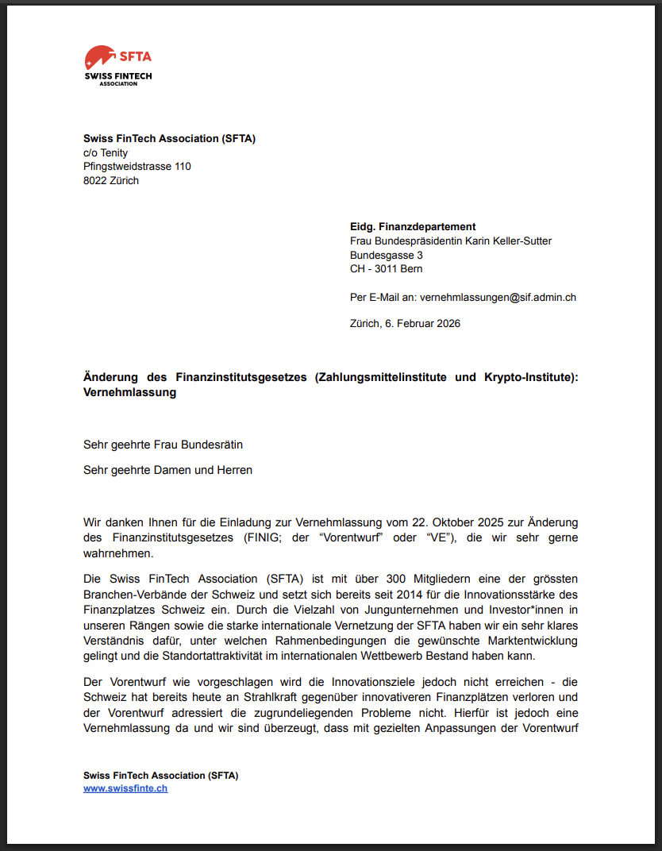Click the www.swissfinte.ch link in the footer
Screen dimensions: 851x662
click(125, 788)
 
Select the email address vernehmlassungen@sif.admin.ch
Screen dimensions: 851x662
click(498, 297)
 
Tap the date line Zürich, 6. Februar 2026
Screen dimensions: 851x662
click(405, 323)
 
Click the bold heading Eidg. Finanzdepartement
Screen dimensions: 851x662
click(413, 227)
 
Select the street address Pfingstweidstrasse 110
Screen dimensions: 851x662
click(137, 167)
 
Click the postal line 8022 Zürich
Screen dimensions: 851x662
click(111, 180)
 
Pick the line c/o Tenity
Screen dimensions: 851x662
click(106, 153)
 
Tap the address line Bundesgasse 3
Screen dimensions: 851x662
click(387, 255)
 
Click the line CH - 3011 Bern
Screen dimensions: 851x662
click(386, 269)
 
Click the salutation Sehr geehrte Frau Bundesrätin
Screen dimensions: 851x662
click(163, 445)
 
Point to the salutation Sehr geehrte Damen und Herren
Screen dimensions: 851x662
click(167, 470)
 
